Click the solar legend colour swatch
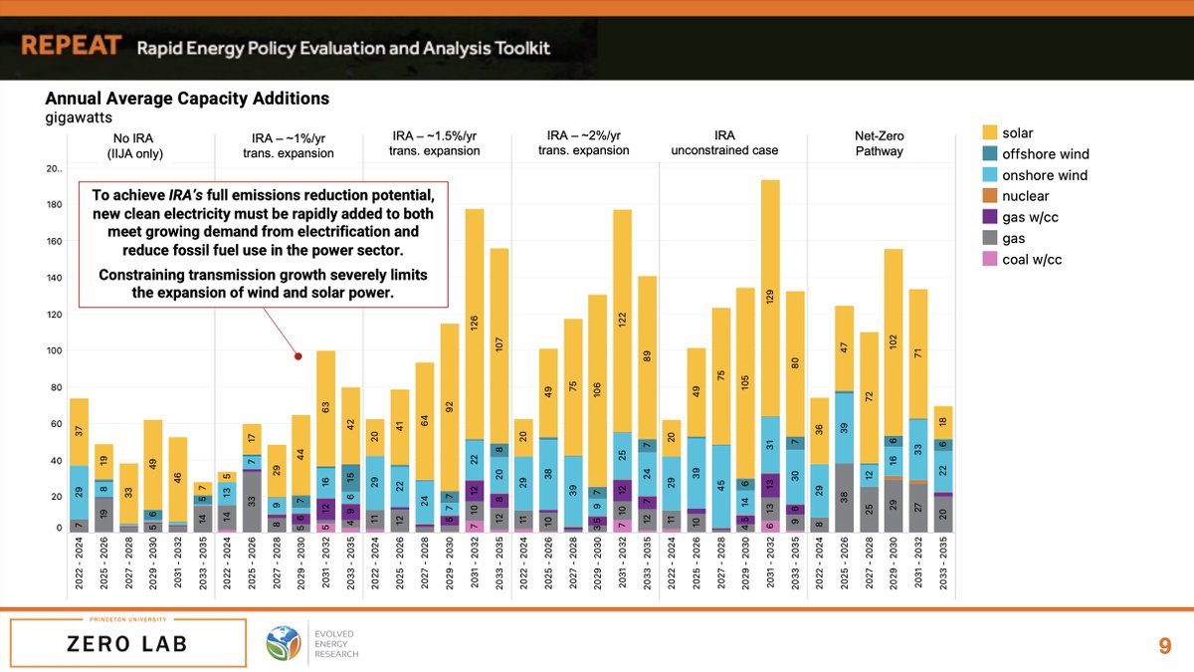[x=990, y=132]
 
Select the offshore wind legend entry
[x=1045, y=154]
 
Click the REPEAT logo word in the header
[x=72, y=47]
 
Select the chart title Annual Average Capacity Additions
[x=187, y=100]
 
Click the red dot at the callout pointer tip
[x=298, y=356]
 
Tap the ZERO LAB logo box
[x=128, y=642]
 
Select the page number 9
[x=1164, y=646]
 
